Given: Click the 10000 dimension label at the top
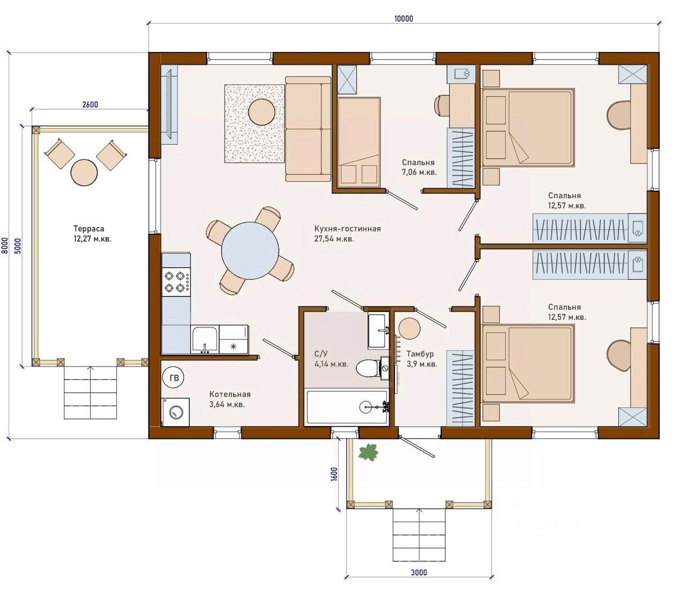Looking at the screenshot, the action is point(403,18).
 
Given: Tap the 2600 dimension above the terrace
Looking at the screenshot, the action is point(90,104).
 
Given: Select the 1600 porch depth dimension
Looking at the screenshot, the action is point(334,474).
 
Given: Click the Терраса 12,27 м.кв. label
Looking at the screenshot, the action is point(92,234).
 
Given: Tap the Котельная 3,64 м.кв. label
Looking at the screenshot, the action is point(229,400).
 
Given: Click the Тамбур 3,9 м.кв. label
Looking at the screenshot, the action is point(422,359).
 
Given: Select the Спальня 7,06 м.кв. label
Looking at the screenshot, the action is point(419,167).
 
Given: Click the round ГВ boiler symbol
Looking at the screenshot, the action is point(173,378).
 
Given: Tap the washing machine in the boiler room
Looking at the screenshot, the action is point(175,412).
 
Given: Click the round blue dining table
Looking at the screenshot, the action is point(250,251).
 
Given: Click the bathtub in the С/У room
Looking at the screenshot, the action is point(346,407).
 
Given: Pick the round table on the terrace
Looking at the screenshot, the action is point(84,173).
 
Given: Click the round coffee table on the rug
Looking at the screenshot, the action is point(262,111).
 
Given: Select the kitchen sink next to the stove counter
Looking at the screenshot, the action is point(205,340).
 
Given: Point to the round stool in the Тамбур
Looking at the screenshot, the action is point(409,328).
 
